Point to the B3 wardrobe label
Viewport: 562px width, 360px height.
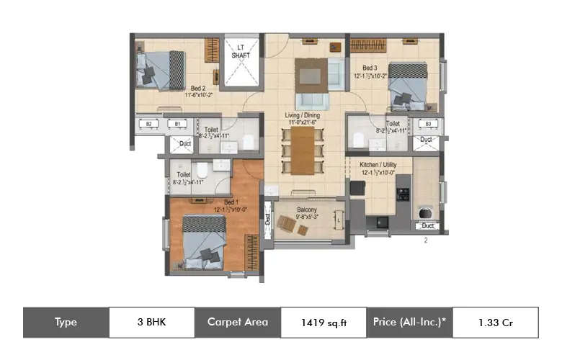point(428,124)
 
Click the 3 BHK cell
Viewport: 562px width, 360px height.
point(151,323)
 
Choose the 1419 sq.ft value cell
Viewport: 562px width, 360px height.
point(324,323)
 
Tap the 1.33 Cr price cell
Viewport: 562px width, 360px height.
point(495,323)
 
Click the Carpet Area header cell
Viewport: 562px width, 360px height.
point(238,323)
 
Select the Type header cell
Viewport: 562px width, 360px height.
point(66,323)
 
